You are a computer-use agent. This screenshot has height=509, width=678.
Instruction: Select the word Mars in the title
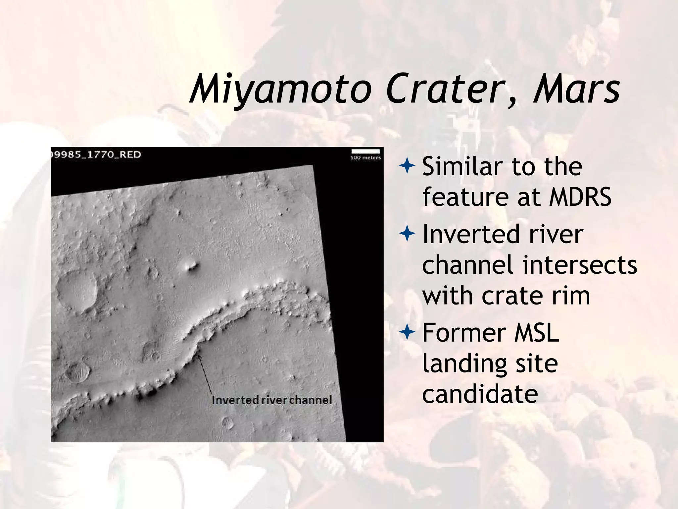point(576,89)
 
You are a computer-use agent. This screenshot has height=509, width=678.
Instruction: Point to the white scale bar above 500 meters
point(365,151)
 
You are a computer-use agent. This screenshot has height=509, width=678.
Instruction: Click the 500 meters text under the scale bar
point(365,158)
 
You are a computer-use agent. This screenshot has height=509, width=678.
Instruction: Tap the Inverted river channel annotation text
point(271,400)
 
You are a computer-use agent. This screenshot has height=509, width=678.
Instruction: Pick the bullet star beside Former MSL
point(407,332)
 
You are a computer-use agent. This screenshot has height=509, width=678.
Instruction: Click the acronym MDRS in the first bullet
point(580,197)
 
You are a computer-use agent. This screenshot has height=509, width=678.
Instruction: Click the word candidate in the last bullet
point(480,394)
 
